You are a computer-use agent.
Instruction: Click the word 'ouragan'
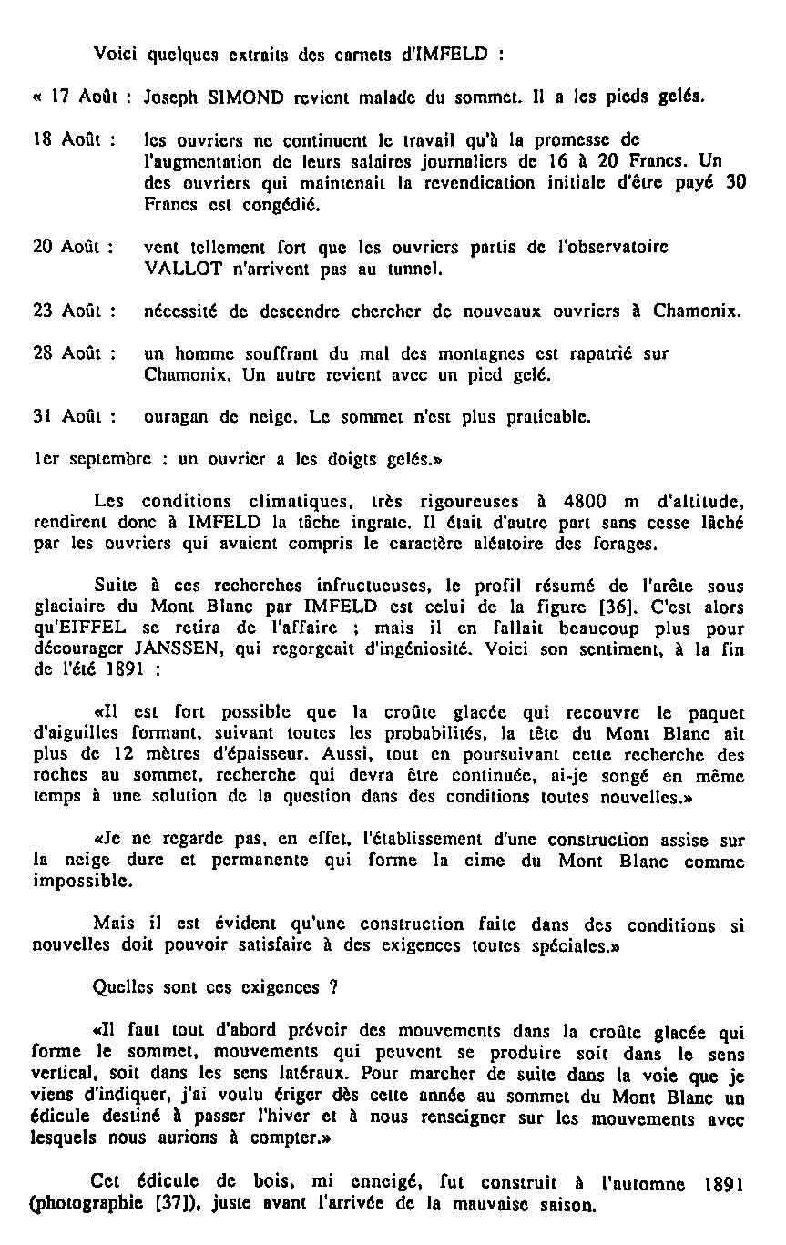(176, 418)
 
